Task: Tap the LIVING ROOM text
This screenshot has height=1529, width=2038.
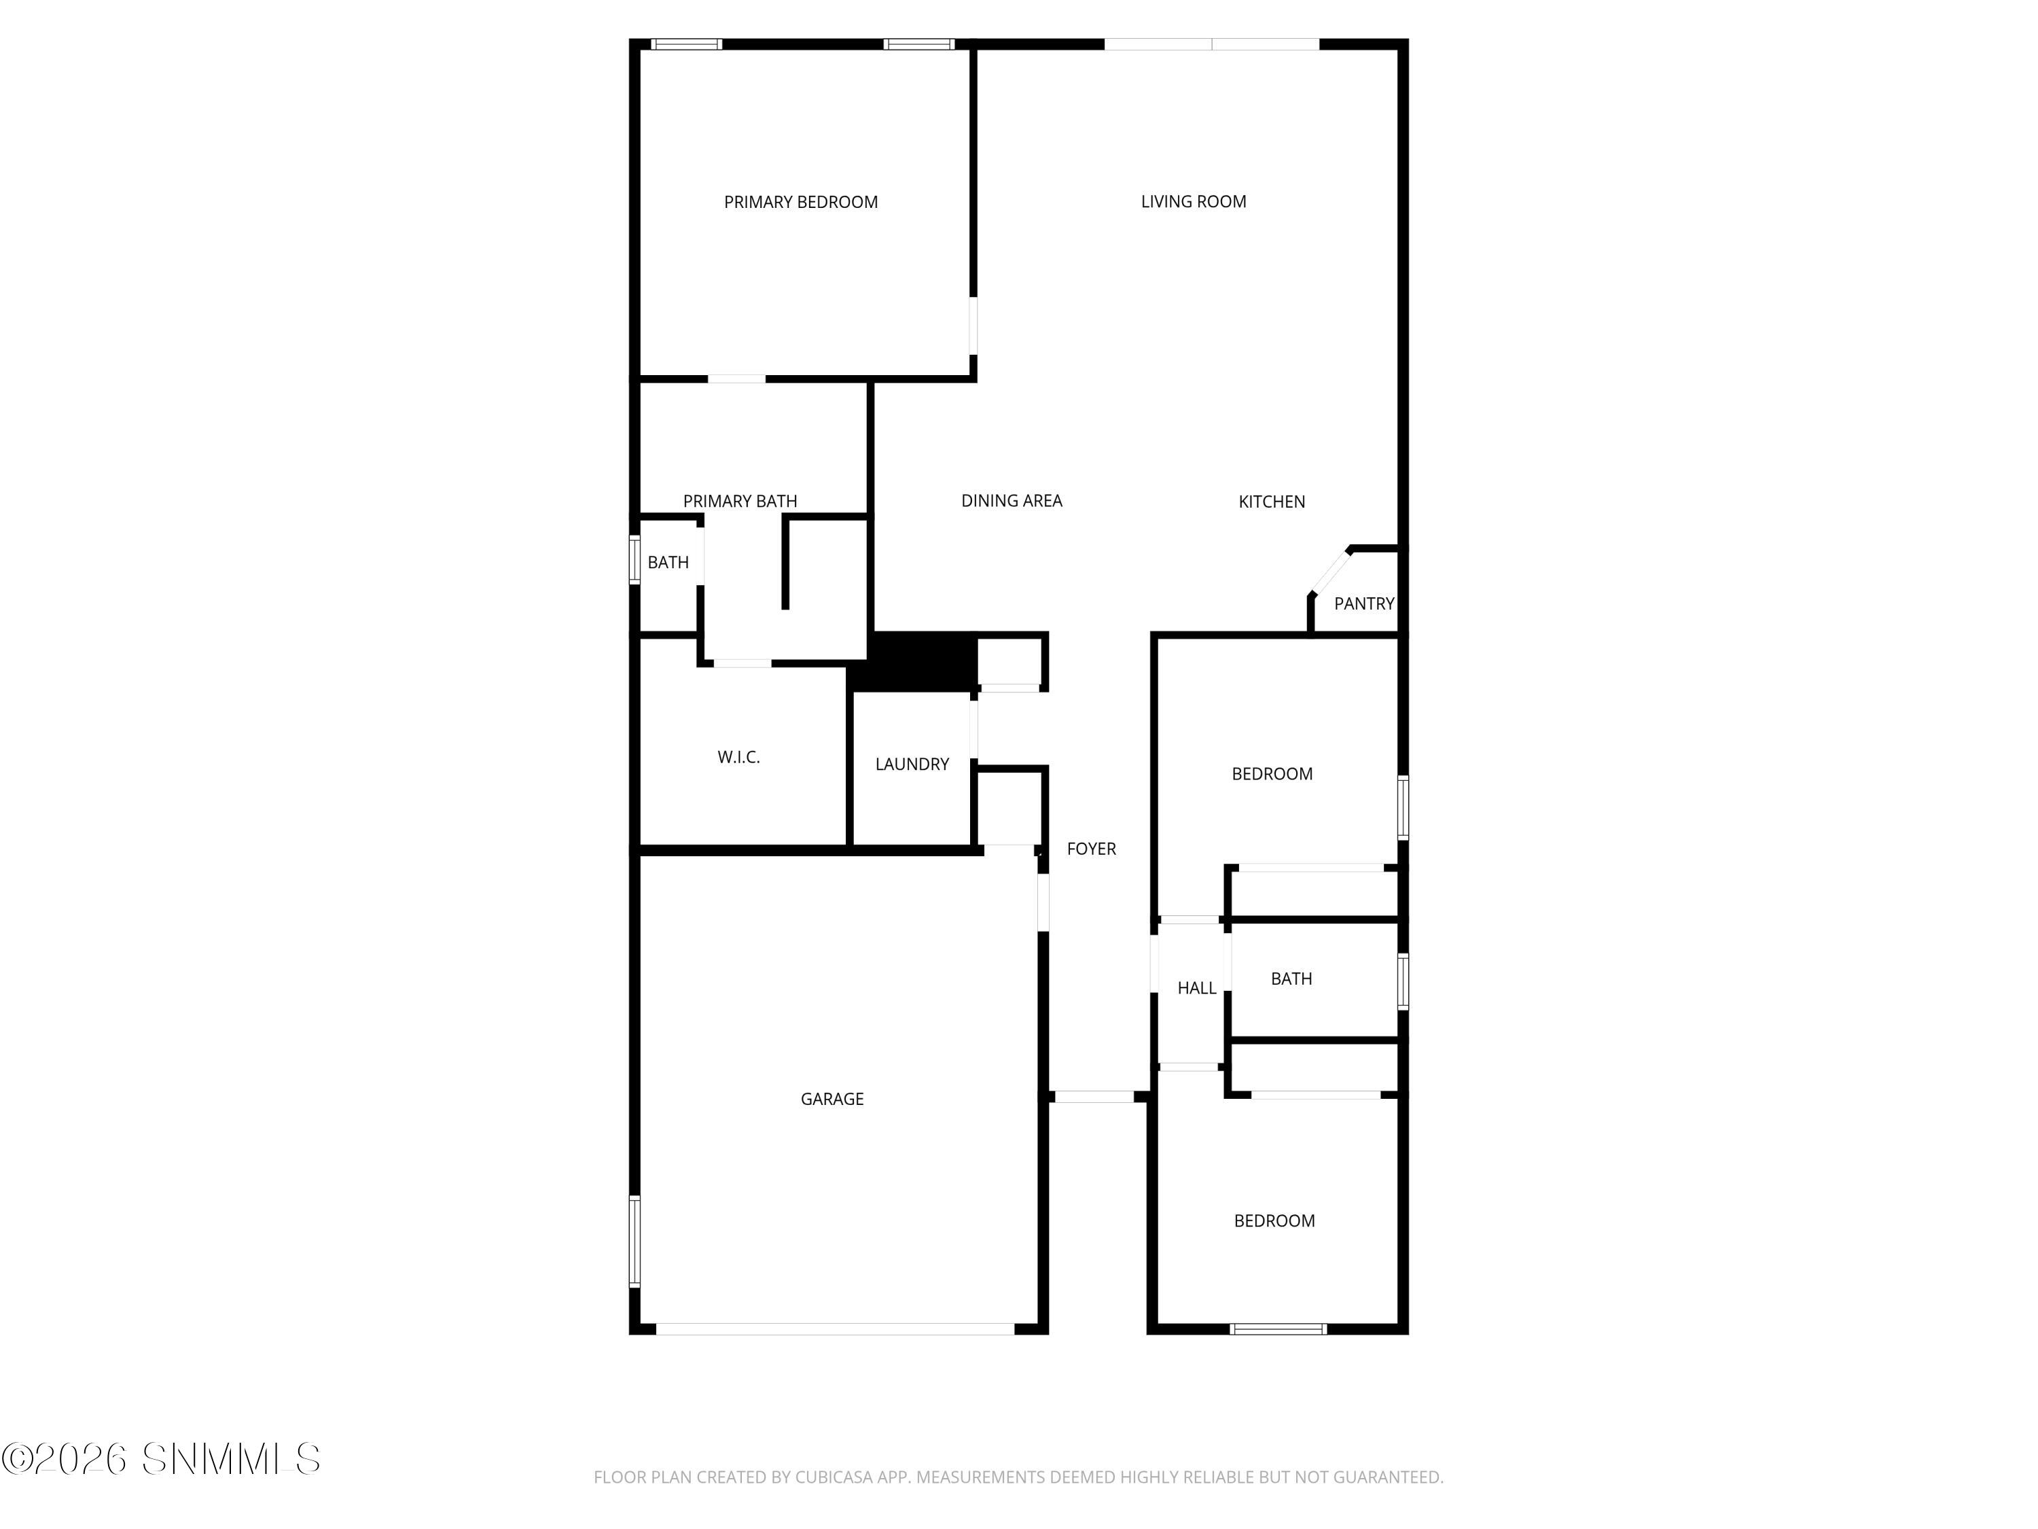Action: coord(1193,201)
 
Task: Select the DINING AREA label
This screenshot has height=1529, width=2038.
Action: coord(1011,500)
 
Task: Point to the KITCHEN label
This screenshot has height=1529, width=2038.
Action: coord(1272,502)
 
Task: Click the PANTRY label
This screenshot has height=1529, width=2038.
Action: coord(1363,603)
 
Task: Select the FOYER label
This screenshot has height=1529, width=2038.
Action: coord(1091,849)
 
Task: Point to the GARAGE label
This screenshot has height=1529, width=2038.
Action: coord(832,1099)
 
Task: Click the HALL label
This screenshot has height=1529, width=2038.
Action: coord(1197,988)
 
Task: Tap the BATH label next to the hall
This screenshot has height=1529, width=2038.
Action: coord(1291,979)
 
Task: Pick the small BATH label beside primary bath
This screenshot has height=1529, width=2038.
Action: coord(668,562)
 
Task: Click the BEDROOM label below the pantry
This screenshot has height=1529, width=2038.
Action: coord(1272,773)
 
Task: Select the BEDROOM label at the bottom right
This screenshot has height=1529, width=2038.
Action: coord(1274,1220)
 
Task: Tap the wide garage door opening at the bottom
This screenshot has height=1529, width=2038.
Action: coord(835,1329)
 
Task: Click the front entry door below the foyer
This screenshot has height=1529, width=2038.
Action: coord(1094,1097)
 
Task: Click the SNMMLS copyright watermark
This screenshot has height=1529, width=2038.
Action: coord(161,1459)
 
